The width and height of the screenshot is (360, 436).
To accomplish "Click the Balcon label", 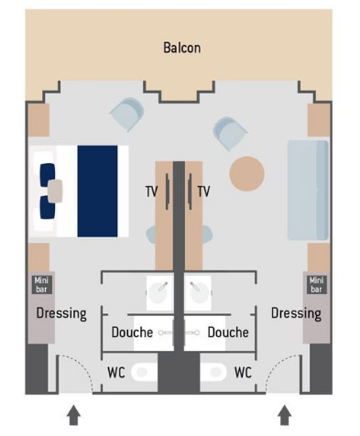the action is pyautogui.click(x=182, y=48).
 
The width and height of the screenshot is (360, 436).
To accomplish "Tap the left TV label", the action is pyautogui.click(x=151, y=191).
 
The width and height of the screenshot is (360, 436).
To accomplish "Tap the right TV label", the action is pyautogui.click(x=203, y=191).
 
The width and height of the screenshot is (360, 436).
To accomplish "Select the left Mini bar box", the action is pyautogui.click(x=41, y=285).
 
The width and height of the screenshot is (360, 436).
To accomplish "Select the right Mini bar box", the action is pyautogui.click(x=316, y=285).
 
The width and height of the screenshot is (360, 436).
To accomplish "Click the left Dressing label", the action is pyautogui.click(x=61, y=313).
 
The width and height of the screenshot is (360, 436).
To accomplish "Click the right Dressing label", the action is pyautogui.click(x=296, y=313).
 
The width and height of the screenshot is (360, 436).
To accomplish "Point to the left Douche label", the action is pyautogui.click(x=132, y=332).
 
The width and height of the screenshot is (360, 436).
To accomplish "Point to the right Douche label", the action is pyautogui.click(x=228, y=332).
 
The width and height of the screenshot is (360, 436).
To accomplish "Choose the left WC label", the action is pyautogui.click(x=116, y=373).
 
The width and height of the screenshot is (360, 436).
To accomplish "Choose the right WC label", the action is pyautogui.click(x=243, y=373).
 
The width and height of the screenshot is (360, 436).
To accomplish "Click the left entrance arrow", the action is pyautogui.click(x=73, y=415).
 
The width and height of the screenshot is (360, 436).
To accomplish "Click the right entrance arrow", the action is pyautogui.click(x=285, y=415).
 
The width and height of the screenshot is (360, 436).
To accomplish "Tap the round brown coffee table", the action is pyautogui.click(x=246, y=174).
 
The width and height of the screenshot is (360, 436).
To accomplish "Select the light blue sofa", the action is pyautogui.click(x=308, y=190).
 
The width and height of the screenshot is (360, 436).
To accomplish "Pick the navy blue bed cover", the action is pyautogui.click(x=97, y=191).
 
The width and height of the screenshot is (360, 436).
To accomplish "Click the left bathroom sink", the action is pyautogui.click(x=158, y=293).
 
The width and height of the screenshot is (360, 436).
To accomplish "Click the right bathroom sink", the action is pyautogui.click(x=198, y=293).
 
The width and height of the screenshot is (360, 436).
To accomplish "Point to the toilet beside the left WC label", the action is pyautogui.click(x=144, y=372).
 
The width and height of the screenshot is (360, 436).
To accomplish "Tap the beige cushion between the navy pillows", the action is pyautogui.click(x=55, y=191).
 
